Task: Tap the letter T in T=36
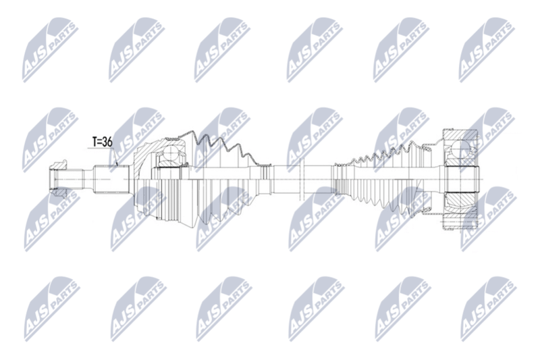95,142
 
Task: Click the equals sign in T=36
101,142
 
